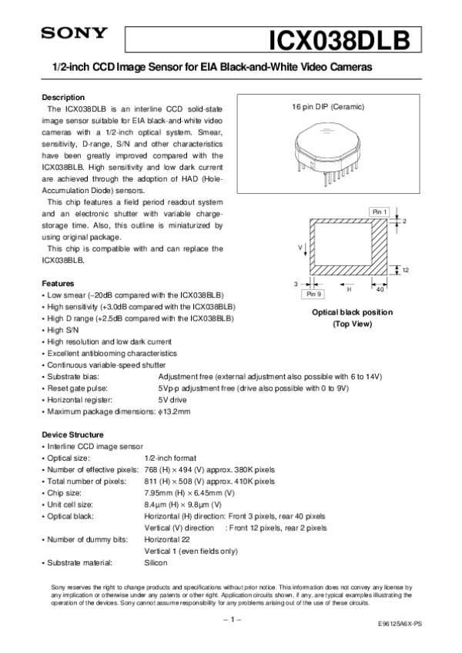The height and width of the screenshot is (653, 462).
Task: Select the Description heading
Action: [x=63, y=98]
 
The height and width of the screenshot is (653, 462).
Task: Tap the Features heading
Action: [x=58, y=284]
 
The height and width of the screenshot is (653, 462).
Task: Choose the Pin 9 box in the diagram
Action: [x=314, y=294]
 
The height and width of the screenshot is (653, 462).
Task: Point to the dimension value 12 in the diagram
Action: [x=405, y=270]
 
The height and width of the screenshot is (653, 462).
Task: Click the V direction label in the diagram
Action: [x=300, y=248]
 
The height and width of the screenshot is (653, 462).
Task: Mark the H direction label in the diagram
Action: [x=349, y=289]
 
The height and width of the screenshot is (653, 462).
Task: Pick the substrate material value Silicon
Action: [x=157, y=564]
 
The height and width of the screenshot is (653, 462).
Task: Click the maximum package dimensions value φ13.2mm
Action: [x=174, y=412]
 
